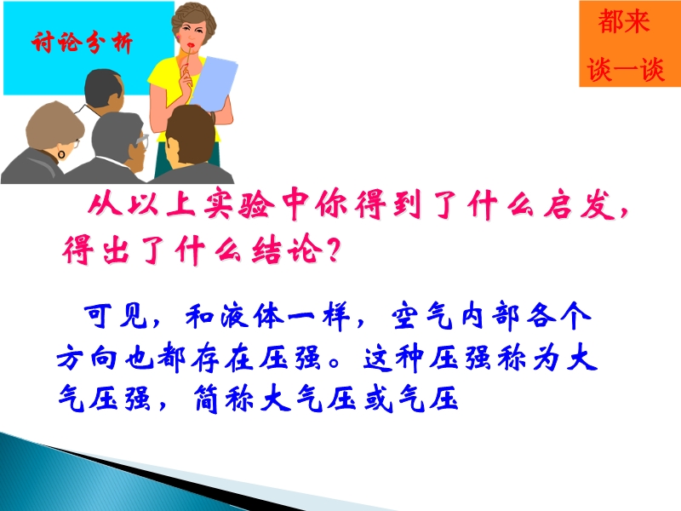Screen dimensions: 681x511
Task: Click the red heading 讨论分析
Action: click(82, 43)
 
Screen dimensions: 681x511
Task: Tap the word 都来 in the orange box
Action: click(624, 22)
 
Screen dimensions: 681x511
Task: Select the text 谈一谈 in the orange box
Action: click(626, 69)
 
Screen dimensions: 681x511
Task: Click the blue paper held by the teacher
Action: click(214, 83)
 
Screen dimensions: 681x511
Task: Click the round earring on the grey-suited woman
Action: click(61, 154)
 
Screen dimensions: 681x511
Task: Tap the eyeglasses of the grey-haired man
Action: click(141, 141)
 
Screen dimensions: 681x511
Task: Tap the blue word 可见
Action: click(116, 315)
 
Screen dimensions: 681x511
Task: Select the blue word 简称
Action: click(225, 398)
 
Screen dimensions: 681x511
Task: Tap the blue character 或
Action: click(379, 398)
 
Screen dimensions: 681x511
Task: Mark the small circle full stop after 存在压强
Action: click(334, 363)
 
